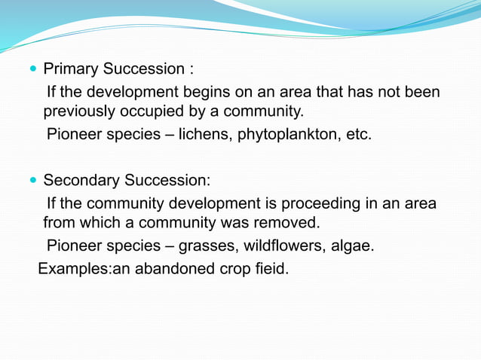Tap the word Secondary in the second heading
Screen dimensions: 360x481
click(x=81, y=181)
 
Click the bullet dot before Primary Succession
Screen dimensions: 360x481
click(x=32, y=70)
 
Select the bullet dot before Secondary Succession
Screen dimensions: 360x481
click(x=32, y=181)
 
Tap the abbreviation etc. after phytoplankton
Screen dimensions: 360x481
click(x=357, y=136)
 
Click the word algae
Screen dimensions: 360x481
click(x=354, y=246)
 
